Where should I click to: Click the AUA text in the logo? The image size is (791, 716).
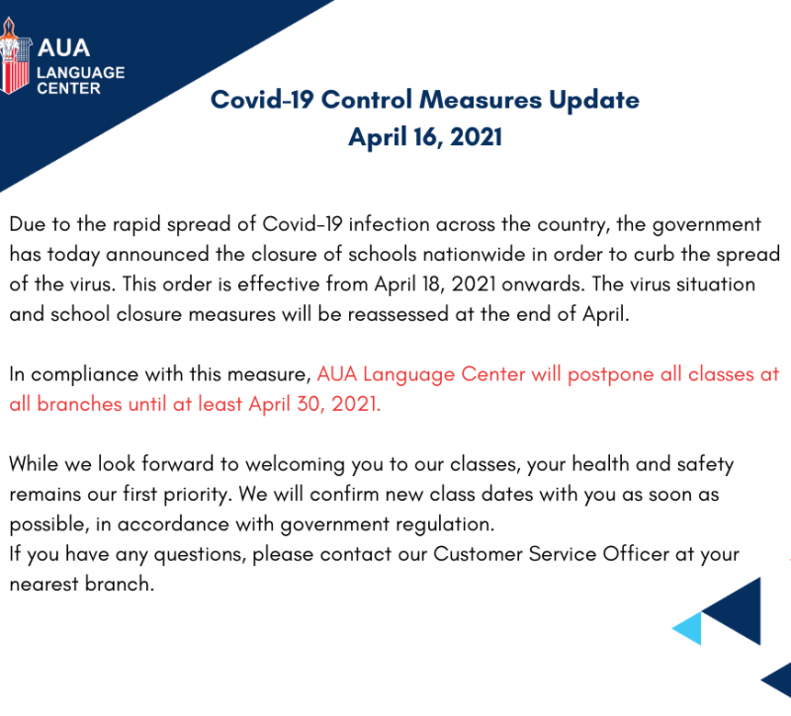pos(63,47)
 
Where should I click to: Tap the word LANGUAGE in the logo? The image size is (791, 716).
pos(81,72)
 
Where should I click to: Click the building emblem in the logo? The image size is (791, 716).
pos(15,56)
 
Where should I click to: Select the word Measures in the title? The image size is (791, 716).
pos(481,100)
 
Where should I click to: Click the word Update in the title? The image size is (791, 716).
pos(594,101)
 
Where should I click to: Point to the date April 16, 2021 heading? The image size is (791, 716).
pos(425,137)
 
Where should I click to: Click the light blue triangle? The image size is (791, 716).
pos(687,628)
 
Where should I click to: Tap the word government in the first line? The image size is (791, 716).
pos(707,225)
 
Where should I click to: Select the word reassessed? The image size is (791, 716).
pos(398,314)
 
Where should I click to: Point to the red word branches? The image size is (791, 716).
pos(79,404)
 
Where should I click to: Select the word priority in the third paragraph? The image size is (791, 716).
pos(196,495)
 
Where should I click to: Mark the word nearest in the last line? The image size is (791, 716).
pos(44,585)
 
